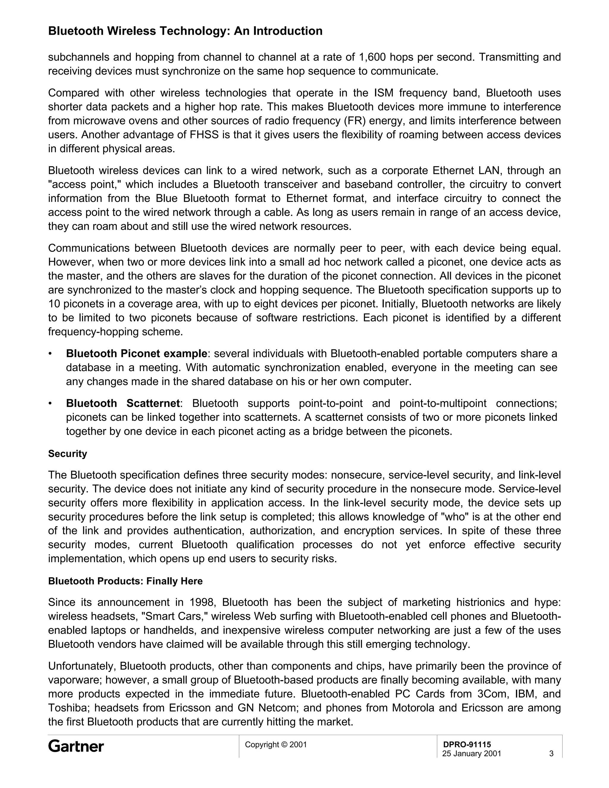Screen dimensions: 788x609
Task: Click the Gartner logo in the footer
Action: pos(76,746)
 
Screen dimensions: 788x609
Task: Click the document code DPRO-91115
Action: pos(467,744)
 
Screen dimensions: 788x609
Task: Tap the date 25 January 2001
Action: pos(472,754)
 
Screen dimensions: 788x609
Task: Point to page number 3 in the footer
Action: pos(551,754)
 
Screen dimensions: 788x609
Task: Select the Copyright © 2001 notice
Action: pos(276,744)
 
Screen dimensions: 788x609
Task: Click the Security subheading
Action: pos(68,453)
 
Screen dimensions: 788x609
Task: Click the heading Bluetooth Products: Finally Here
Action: pos(125,581)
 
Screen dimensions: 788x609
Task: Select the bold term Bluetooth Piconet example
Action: pos(137,354)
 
